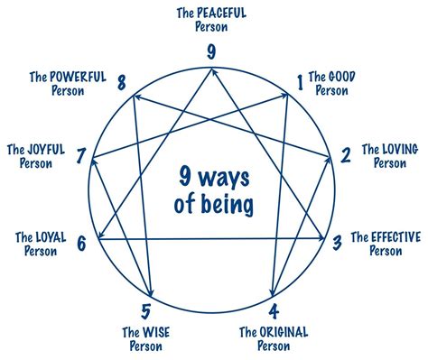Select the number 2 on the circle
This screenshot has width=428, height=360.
(345, 155)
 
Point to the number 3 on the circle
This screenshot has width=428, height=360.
(336, 241)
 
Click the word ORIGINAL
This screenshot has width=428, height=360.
(284, 332)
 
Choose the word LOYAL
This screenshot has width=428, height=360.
(45, 238)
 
